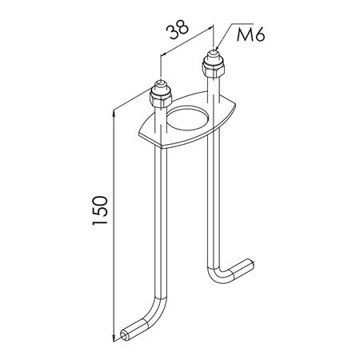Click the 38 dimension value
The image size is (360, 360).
[x=178, y=30]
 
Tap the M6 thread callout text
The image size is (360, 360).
[x=251, y=35]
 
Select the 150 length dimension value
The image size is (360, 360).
[x=100, y=210]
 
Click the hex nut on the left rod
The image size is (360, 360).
[x=161, y=98]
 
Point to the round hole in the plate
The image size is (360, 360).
[x=188, y=118]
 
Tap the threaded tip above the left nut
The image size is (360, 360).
[x=160, y=85]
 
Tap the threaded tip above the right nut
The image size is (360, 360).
[x=214, y=54]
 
